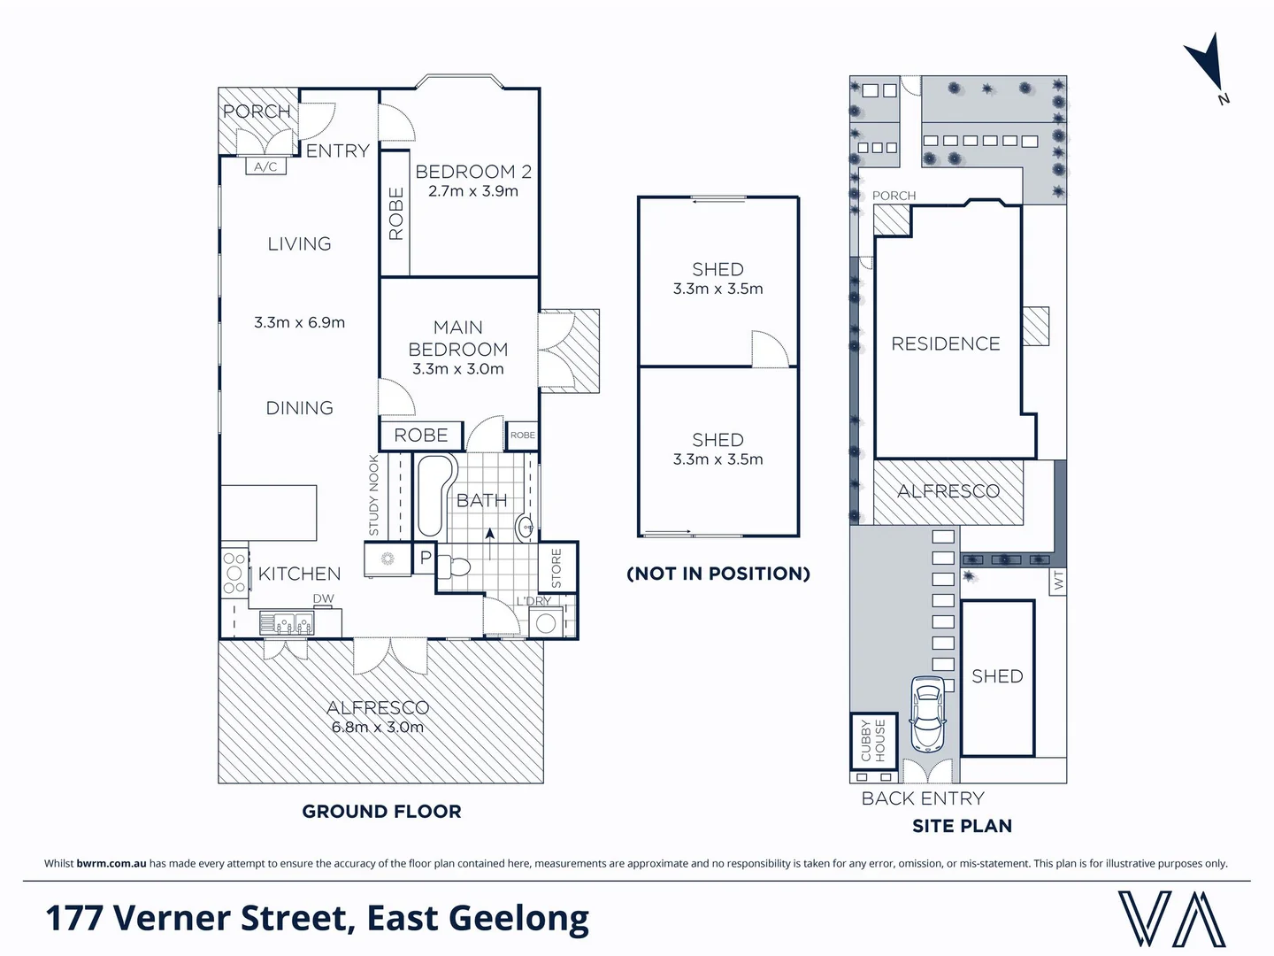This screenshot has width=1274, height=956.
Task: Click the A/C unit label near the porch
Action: tap(265, 166)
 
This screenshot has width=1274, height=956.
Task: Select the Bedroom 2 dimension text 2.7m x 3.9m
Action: tap(473, 191)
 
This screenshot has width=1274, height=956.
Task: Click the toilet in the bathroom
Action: tap(453, 567)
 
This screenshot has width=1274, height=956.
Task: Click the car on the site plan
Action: tap(927, 714)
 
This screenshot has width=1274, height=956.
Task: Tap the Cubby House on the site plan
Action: tap(873, 741)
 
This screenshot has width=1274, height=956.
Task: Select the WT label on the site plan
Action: tap(1058, 580)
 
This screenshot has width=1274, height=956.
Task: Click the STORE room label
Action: tap(556, 568)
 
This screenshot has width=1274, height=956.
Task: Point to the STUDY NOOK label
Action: tap(373, 495)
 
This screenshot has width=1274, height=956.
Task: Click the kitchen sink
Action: tap(288, 624)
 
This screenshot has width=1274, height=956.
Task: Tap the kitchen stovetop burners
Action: tap(234, 574)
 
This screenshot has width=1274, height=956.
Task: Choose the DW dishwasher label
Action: tap(323, 598)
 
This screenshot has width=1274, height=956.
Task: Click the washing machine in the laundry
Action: tap(546, 623)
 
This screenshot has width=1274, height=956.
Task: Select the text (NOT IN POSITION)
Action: tap(718, 574)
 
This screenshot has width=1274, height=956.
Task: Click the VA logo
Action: tap(1172, 919)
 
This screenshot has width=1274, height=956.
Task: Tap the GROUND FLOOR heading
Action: tap(381, 811)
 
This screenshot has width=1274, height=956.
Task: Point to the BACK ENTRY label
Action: tap(923, 798)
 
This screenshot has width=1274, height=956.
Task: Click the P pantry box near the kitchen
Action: tap(426, 558)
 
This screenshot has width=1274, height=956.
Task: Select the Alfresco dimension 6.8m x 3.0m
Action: tap(377, 727)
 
